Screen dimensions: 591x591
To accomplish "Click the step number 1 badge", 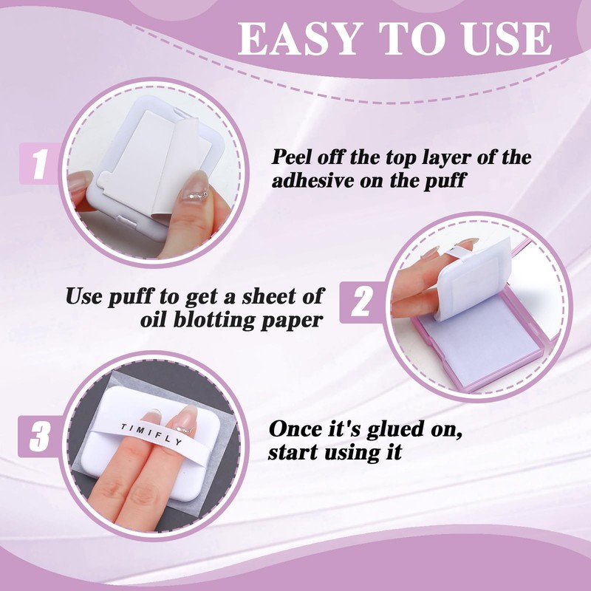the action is pyautogui.click(x=39, y=163).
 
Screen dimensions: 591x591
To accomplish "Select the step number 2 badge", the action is pyautogui.click(x=361, y=302).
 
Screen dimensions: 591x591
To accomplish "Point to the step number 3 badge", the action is pyautogui.click(x=39, y=436).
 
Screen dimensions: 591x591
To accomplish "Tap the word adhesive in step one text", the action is pyautogui.click(x=312, y=180).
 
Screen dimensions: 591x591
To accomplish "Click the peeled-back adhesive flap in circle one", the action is pyautogui.click(x=177, y=165).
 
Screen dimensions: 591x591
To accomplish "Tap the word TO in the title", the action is pyautogui.click(x=412, y=38).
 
